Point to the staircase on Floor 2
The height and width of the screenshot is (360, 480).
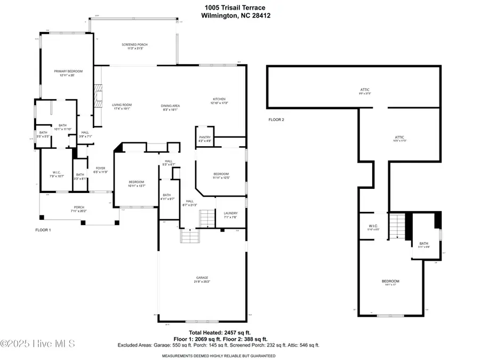click(397, 227)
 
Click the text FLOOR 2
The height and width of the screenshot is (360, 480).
click(276, 119)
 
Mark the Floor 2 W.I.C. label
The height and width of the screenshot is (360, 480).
click(373, 226)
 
